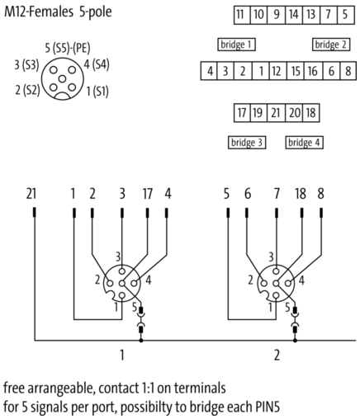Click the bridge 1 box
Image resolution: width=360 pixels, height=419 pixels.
coord(236,45)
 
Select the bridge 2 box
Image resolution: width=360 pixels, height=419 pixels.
coord(331,45)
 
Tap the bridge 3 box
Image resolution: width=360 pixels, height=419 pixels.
coord(247,143)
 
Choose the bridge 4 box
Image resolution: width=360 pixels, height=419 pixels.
coord(304,143)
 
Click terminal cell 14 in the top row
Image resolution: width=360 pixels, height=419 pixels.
coord(294,15)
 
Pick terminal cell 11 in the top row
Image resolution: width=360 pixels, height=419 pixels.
coord(242,15)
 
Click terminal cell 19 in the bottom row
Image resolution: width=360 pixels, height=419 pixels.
coord(258,113)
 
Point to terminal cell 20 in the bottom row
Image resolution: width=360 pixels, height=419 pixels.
coord(294,113)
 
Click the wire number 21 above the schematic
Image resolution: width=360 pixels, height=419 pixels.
coord(31,194)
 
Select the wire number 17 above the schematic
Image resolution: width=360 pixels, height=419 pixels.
coord(148,194)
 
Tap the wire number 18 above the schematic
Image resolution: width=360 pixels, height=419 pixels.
coord(301,194)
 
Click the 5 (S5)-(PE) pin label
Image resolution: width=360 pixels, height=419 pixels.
coord(68,48)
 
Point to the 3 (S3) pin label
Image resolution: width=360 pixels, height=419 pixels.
coord(26,65)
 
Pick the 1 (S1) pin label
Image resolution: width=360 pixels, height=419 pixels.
coord(97,92)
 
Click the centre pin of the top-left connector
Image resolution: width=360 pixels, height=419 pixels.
coord(63,79)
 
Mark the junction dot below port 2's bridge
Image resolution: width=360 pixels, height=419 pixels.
coord(295,341)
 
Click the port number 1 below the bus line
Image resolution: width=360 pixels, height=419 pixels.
coord(122,355)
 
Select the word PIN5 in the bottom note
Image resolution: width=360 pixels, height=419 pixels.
coord(268,407)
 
